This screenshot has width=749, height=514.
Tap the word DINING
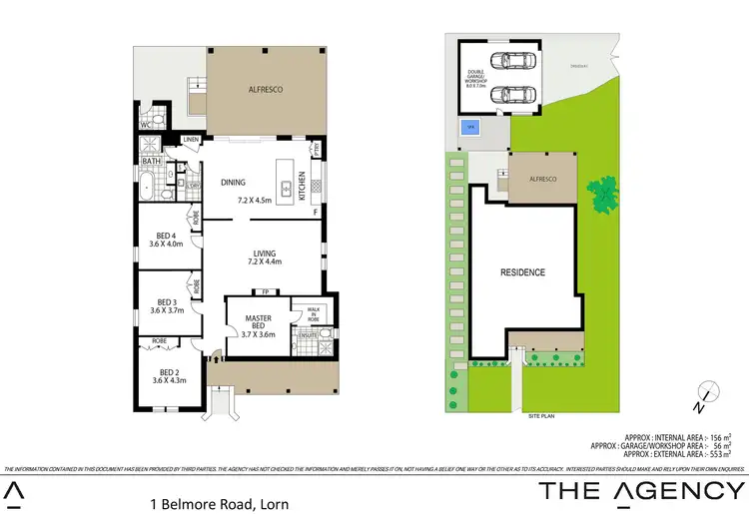[233, 183]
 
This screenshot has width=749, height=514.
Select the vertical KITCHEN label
[303, 187]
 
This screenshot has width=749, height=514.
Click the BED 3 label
[160, 302]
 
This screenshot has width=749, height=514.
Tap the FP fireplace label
[266, 291]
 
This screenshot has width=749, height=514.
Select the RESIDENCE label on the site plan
[522, 271]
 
